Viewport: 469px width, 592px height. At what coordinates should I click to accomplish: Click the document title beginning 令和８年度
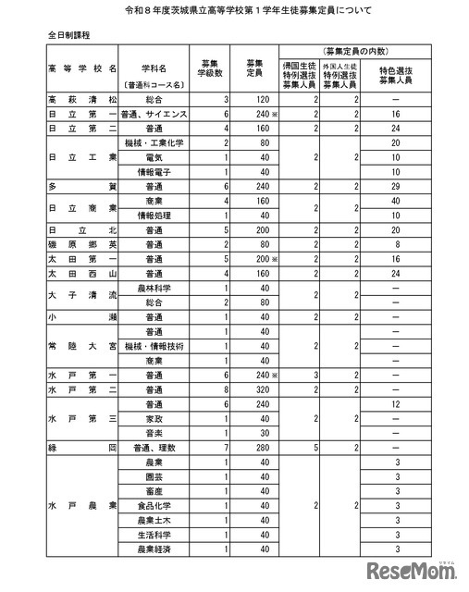pyautogui.click(x=234, y=11)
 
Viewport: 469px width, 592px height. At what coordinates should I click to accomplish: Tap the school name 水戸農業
pyautogui.click(x=82, y=506)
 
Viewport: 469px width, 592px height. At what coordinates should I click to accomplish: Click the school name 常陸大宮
pyautogui.click(x=82, y=345)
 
